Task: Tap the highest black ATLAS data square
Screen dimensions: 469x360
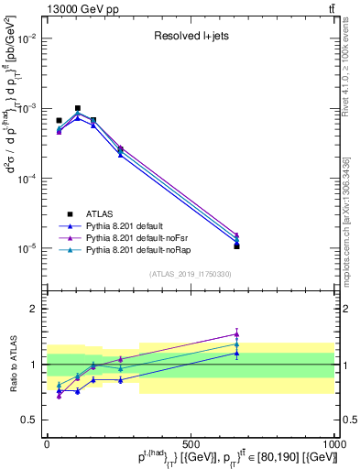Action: click(x=78, y=108)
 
